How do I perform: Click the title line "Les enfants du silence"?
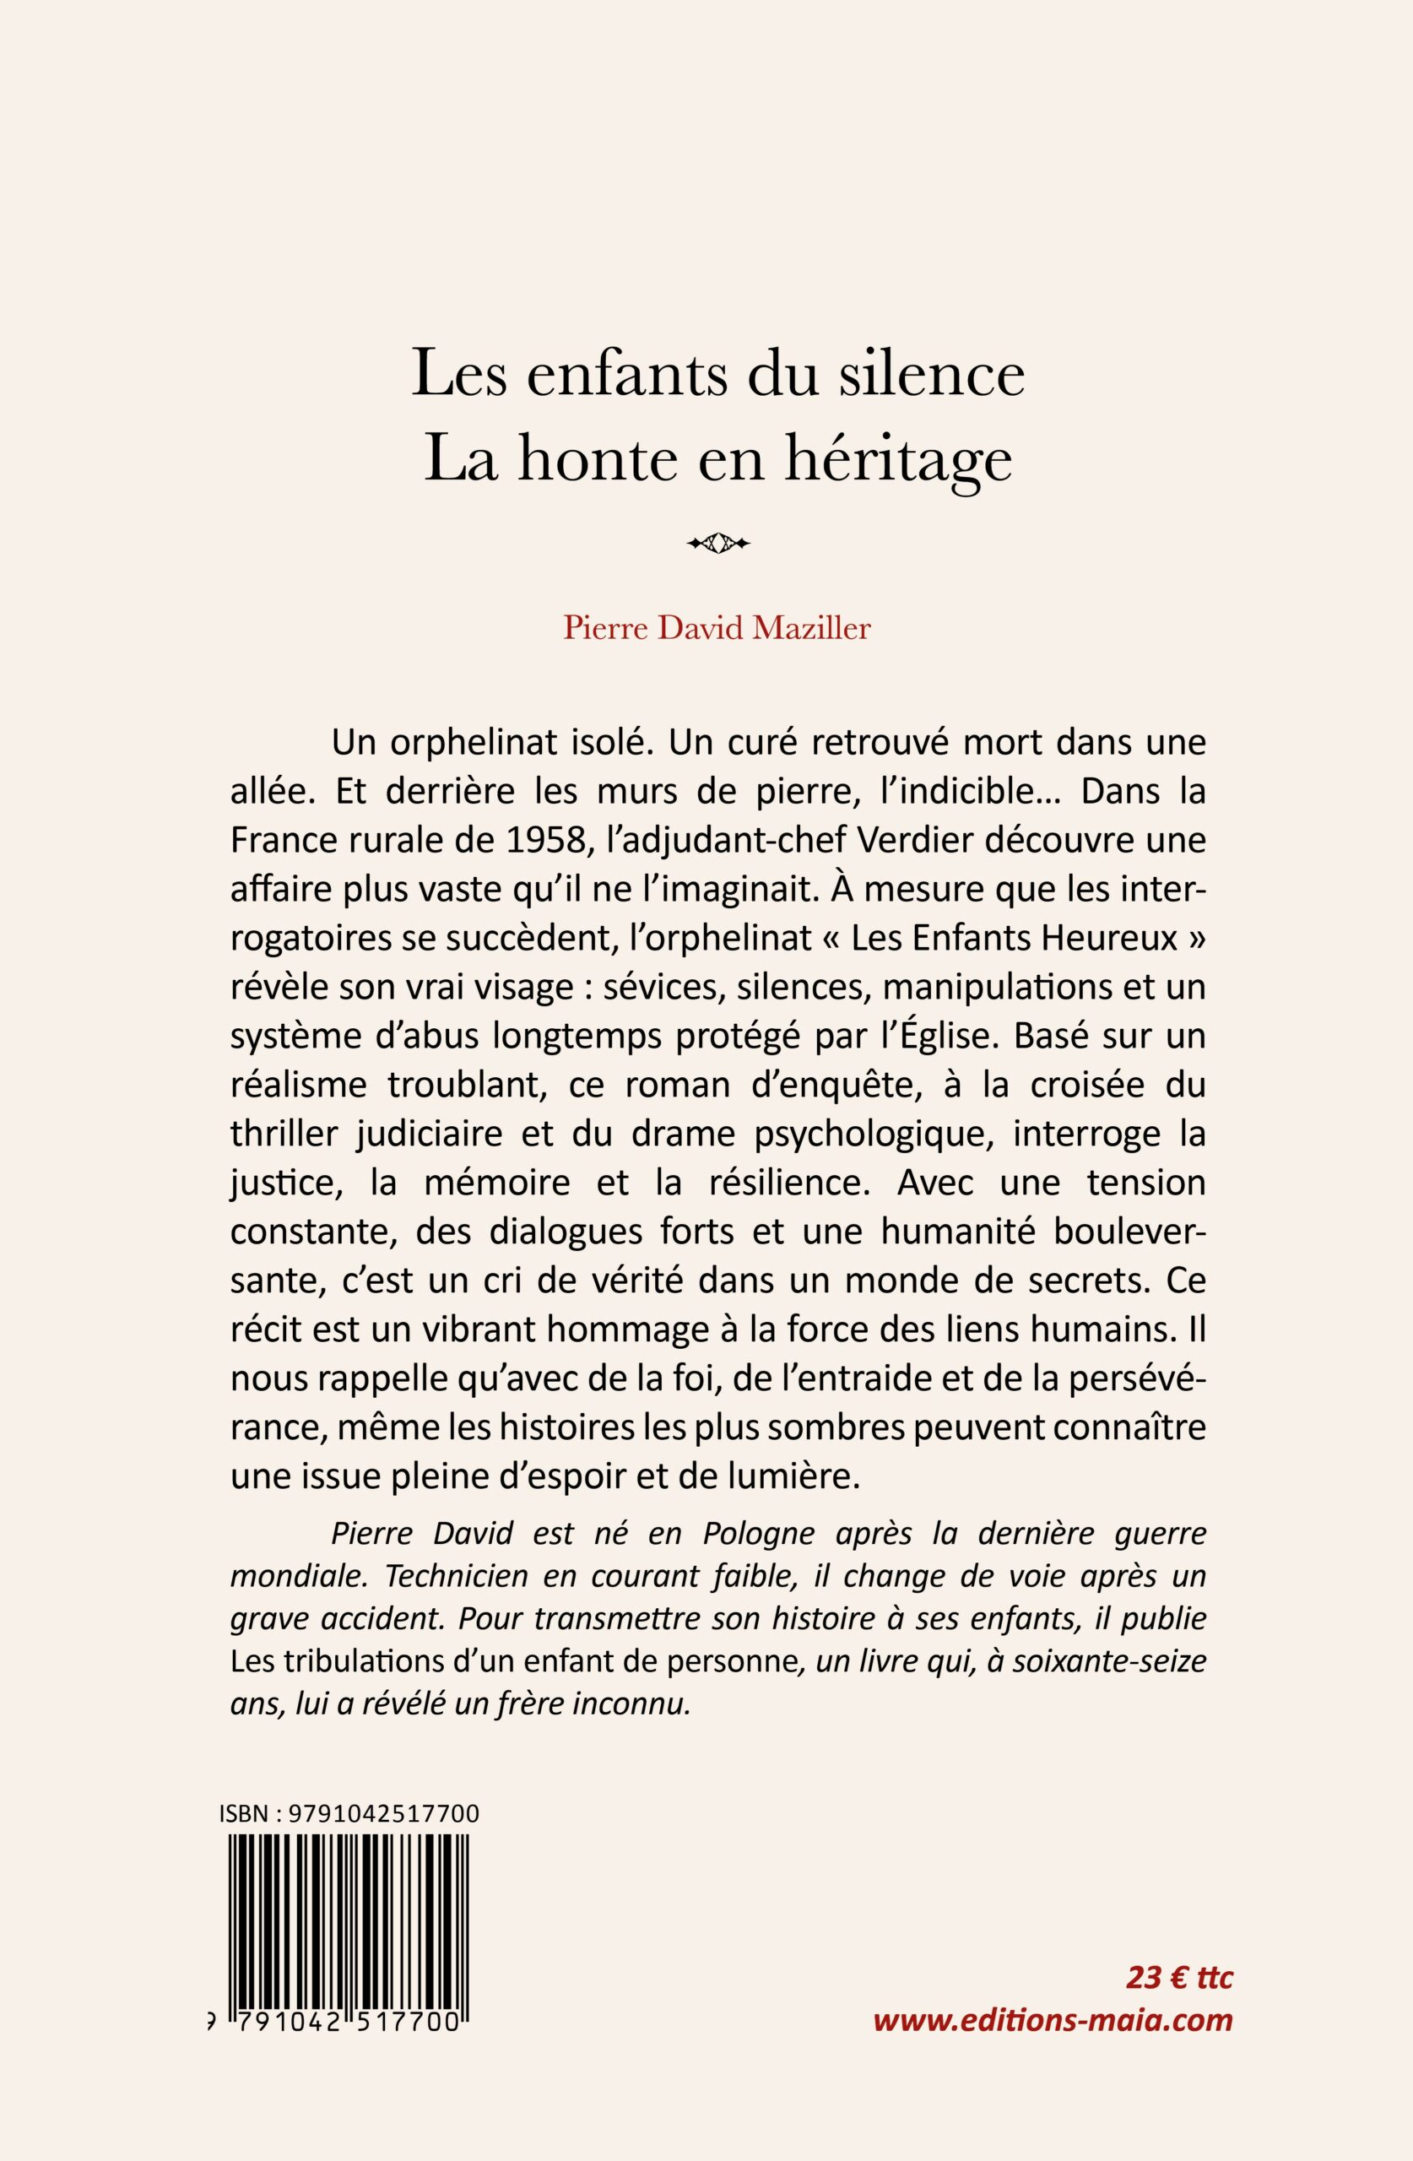coord(717,374)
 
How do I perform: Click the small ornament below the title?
coord(718,544)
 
